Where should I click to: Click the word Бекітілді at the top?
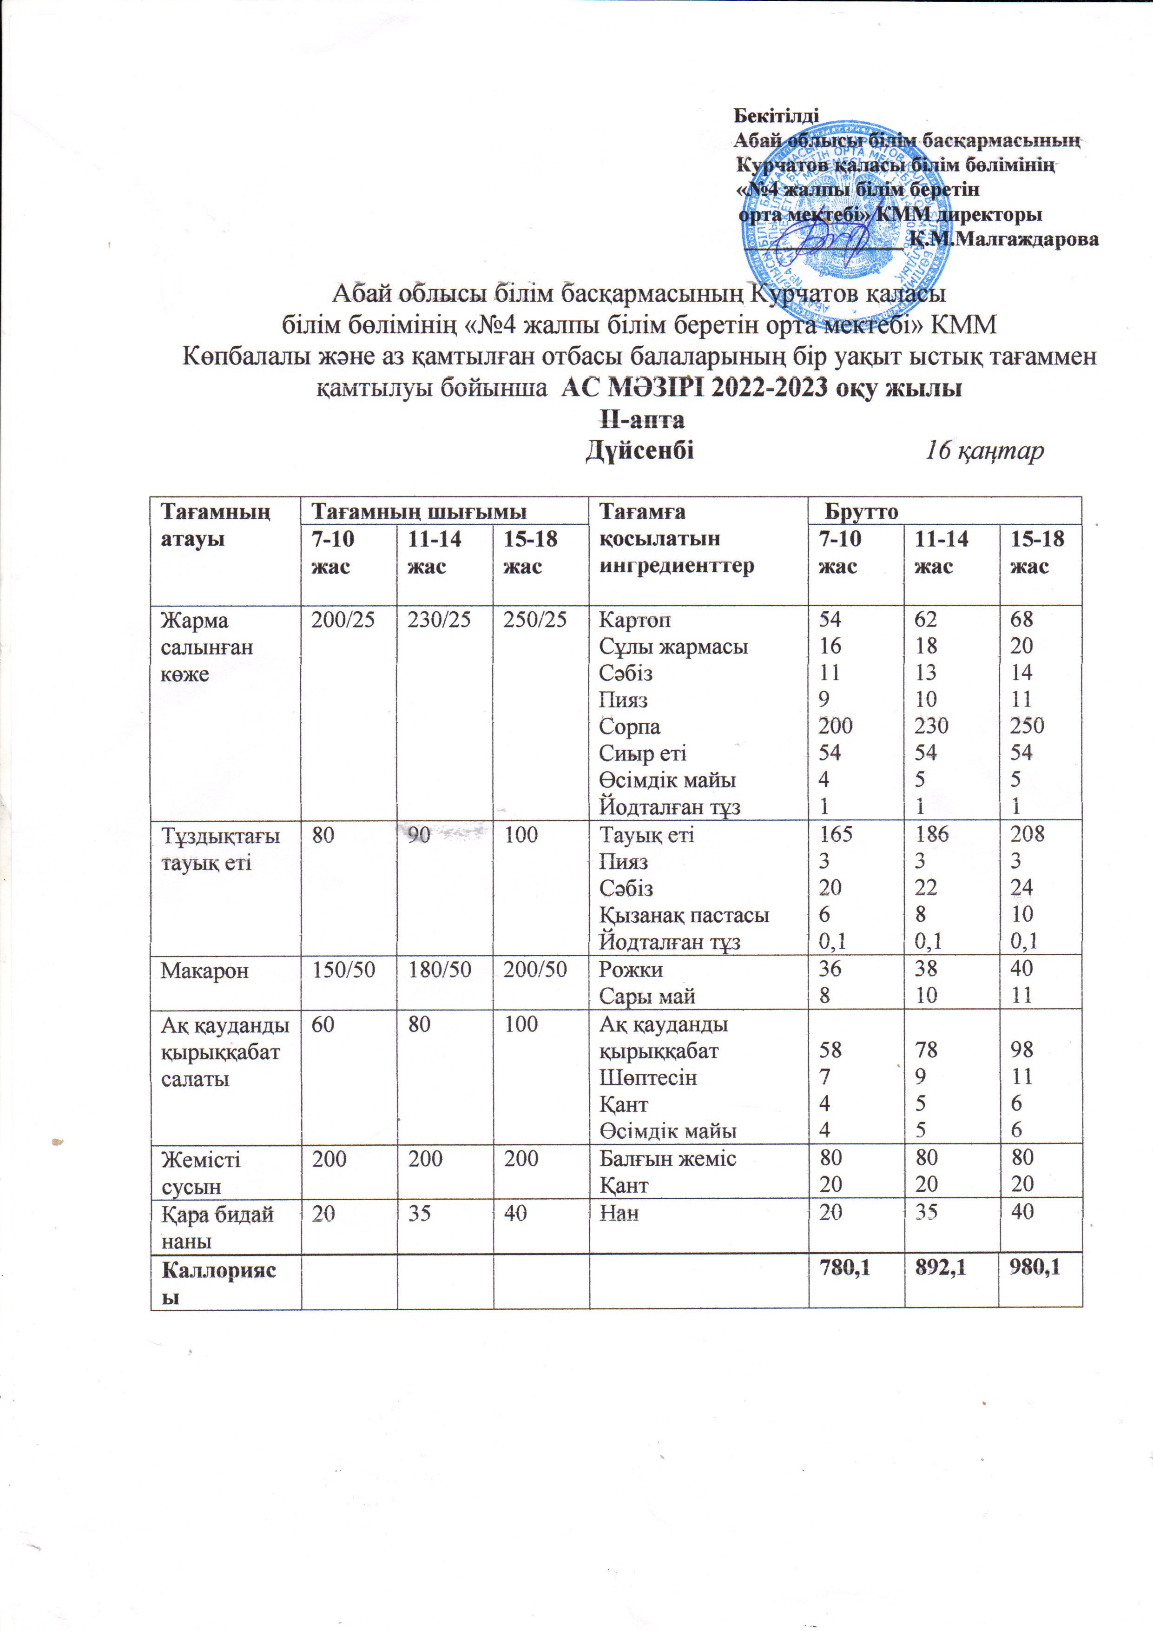click(776, 115)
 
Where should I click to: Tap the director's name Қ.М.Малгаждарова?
click(1005, 239)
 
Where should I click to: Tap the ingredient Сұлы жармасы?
click(673, 647)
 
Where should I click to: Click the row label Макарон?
click(204, 971)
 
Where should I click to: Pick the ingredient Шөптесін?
click(648, 1077)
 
